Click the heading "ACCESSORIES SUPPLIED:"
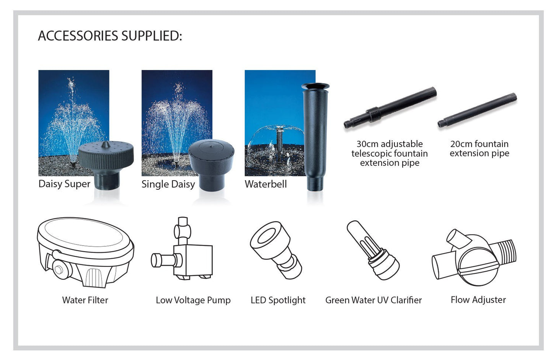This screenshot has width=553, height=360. coord(110,36)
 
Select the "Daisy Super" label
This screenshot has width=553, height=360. coord(64,184)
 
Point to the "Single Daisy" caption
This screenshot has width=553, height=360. coord(168,184)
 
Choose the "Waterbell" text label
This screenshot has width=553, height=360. coord(266,184)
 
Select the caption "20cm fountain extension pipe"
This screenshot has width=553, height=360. coord(479,149)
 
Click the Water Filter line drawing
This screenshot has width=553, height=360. coord(85,252)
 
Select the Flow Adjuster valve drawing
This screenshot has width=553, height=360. coord(475,258)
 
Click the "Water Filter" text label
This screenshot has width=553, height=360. coord(85,300)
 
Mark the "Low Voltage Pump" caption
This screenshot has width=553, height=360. coord(193,300)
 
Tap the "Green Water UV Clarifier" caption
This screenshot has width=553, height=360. coord(373,300)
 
